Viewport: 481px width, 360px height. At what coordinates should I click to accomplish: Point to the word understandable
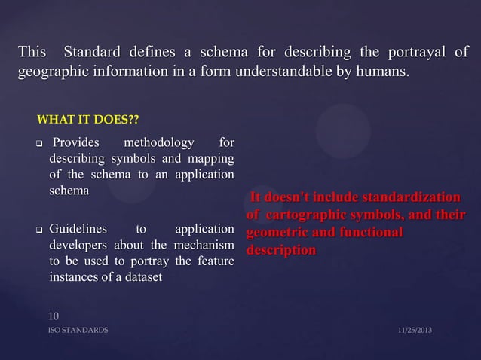coord(282,72)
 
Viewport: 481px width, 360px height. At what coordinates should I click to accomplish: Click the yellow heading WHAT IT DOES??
coord(87,121)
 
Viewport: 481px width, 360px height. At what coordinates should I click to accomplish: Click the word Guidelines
coord(78,228)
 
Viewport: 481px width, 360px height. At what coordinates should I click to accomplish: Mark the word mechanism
coord(204,245)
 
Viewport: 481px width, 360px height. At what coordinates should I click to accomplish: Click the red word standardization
coord(410,198)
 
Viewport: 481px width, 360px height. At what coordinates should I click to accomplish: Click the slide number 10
coord(54,316)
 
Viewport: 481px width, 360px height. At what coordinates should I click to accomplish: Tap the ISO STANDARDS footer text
coord(78,331)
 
